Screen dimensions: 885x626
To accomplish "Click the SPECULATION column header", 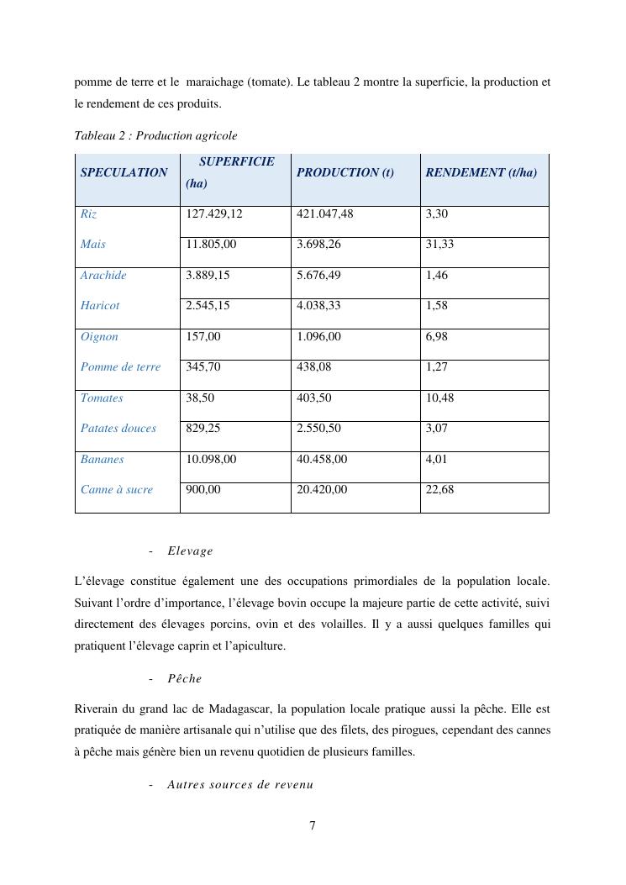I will pyautogui.click(x=124, y=172).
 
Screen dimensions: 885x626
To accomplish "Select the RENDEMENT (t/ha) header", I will pyautogui.click(x=481, y=172).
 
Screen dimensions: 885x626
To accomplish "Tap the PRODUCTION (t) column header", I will pyautogui.click(x=345, y=172).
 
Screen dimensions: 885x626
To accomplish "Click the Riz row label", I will pyautogui.click(x=88, y=214).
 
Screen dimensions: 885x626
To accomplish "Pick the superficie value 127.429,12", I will pyautogui.click(x=213, y=214).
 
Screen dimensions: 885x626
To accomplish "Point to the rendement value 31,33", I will pyautogui.click(x=439, y=245).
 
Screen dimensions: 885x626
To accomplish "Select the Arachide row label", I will pyautogui.click(x=103, y=275).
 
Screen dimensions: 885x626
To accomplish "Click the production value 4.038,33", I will pyautogui.click(x=318, y=306).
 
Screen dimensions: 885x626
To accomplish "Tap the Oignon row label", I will pyautogui.click(x=99, y=336).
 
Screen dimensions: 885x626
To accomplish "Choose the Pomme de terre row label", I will pyautogui.click(x=120, y=367).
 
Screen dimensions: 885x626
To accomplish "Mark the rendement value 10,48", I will pyautogui.click(x=439, y=398).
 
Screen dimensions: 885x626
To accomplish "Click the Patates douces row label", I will pyautogui.click(x=118, y=428).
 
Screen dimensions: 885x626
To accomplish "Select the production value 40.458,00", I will pyautogui.click(x=322, y=459).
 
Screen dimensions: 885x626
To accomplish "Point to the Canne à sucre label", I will pyautogui.click(x=117, y=489).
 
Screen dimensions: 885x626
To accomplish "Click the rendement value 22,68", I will pyautogui.click(x=439, y=489).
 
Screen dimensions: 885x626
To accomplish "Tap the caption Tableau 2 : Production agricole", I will pyautogui.click(x=155, y=135).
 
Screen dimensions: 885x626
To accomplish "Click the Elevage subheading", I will pyautogui.click(x=190, y=551).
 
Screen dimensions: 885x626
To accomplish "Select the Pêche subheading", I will pyautogui.click(x=184, y=678).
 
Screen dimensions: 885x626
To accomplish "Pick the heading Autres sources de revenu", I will pyautogui.click(x=239, y=785).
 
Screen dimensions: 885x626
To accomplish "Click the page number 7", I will pyautogui.click(x=313, y=825).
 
